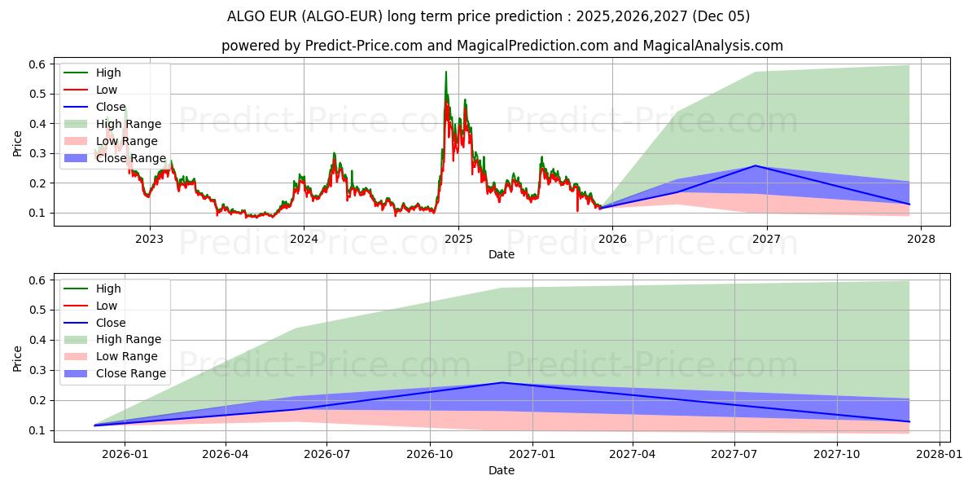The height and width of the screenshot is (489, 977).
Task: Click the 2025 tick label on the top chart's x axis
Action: pyautogui.click(x=458, y=239)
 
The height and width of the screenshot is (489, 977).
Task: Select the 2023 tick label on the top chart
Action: pyautogui.click(x=149, y=239)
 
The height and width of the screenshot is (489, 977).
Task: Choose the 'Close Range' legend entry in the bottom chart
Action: pyautogui.click(x=134, y=373)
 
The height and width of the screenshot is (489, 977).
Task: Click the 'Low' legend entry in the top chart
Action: pyautogui.click(x=107, y=90)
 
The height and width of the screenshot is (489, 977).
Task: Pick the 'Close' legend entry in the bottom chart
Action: pyautogui.click(x=111, y=323)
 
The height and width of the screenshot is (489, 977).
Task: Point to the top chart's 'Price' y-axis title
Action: pyautogui.click(x=18, y=143)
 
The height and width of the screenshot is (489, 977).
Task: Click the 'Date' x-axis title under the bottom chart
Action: pyautogui.click(x=502, y=470)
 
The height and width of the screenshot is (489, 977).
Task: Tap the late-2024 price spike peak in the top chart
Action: pyautogui.click(x=445, y=72)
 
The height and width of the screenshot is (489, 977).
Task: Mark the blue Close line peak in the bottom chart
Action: pyautogui.click(x=502, y=382)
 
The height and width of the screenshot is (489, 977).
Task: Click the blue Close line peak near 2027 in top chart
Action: pyautogui.click(x=756, y=165)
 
